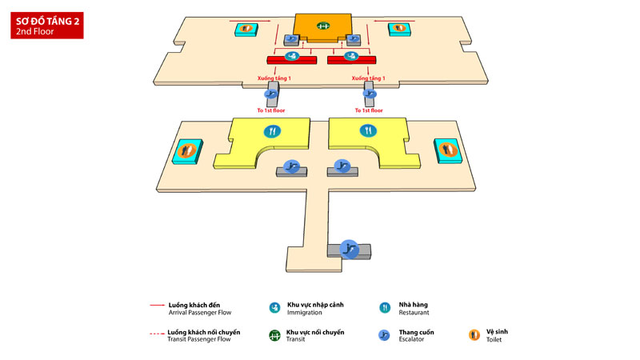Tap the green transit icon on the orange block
click(324, 26)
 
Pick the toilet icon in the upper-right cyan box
click(399, 29)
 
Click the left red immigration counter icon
click(295, 57)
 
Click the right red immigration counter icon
click(350, 57)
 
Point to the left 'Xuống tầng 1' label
click(274, 78)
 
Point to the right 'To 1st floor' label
click(367, 110)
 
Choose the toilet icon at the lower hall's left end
click(187, 150)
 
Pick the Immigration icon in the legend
click(274, 307)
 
